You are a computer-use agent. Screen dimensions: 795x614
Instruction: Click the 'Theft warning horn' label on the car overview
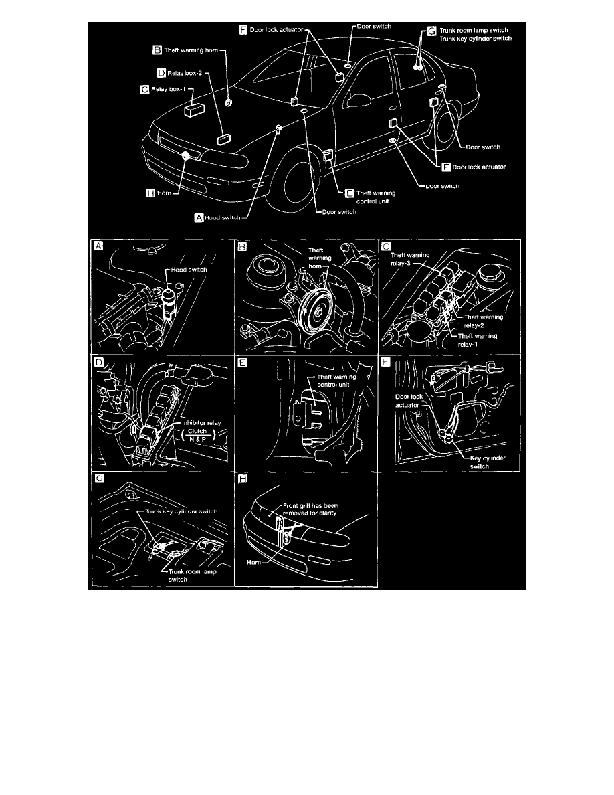click(191, 50)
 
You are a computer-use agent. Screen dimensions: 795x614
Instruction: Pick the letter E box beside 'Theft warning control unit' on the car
click(349, 192)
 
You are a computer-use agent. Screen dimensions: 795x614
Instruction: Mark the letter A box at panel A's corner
click(99, 246)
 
